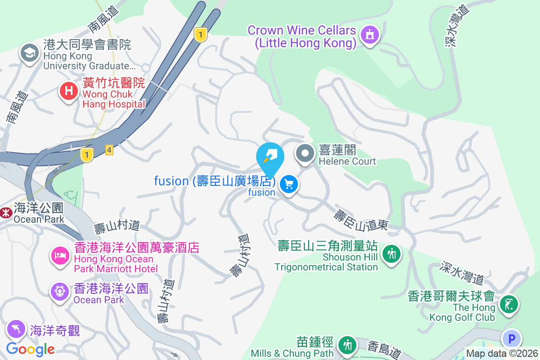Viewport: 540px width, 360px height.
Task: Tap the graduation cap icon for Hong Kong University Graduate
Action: pos(30,53)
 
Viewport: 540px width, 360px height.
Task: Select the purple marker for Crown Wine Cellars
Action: pos(370,34)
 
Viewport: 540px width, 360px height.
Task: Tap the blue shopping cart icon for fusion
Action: pos(289,184)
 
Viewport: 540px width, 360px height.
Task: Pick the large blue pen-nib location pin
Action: pos(270,157)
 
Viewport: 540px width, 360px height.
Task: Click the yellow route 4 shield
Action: pos(109,150)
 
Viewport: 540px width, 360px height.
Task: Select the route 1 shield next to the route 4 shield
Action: pos(87,155)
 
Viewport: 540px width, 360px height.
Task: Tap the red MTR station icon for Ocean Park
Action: pos(6,212)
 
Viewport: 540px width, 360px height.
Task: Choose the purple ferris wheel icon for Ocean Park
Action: pos(60,292)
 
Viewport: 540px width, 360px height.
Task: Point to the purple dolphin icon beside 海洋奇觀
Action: pos(16,329)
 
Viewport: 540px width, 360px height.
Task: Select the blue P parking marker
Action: pos(511,338)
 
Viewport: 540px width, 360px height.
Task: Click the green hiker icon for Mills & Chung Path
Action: pos(347,346)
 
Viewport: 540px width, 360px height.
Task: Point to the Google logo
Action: pos(30,349)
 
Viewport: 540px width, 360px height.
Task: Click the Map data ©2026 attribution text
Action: pos(502,354)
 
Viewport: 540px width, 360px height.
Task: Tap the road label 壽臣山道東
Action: pos(360,220)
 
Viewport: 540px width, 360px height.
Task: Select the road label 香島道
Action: pos(384,350)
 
